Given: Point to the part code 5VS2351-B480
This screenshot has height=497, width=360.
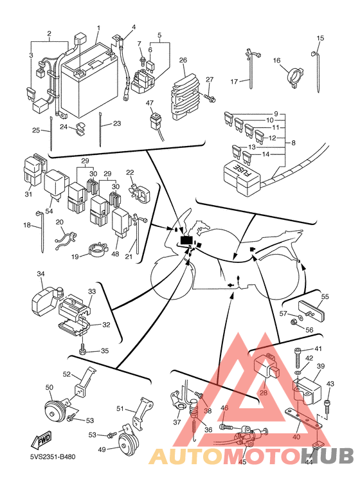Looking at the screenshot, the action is [x=53, y=456].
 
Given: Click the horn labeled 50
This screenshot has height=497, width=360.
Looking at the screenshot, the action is [x=55, y=411].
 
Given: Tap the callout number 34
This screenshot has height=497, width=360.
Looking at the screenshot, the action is [x=41, y=273].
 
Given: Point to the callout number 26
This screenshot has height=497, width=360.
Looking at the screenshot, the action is [x=183, y=60].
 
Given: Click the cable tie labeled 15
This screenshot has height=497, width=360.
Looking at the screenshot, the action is [x=316, y=71].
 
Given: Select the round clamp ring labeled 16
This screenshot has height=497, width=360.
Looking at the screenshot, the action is [x=294, y=77].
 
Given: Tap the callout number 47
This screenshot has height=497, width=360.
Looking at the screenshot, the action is [x=150, y=103].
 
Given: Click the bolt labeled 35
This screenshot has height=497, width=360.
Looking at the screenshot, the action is [x=83, y=350].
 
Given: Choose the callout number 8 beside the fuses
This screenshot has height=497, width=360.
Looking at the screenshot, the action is [x=293, y=143].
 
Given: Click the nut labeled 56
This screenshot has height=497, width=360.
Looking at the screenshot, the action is [x=294, y=323].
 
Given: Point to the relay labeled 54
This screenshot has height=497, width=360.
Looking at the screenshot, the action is [x=55, y=185].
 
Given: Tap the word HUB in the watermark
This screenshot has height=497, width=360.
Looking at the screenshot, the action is [x=326, y=456].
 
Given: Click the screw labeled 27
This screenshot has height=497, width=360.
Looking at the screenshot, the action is [x=209, y=97].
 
